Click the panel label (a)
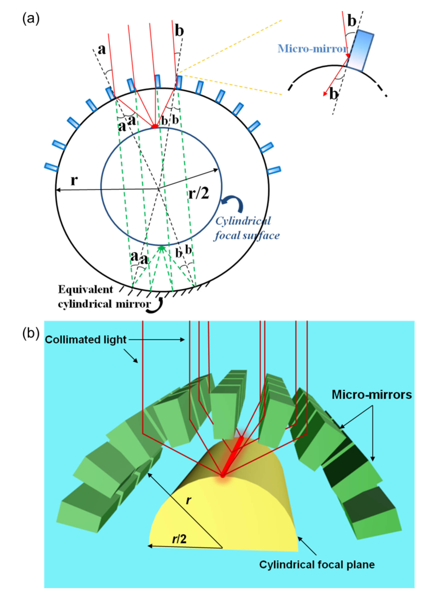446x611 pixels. (31, 19)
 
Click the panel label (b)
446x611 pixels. (31, 333)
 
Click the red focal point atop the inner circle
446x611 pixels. (155, 126)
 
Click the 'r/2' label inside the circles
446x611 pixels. (199, 194)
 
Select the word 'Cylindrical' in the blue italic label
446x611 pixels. (243, 221)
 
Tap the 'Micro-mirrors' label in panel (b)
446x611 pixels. (371, 395)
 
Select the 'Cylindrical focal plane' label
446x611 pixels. (317, 565)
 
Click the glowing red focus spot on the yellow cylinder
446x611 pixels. (223, 475)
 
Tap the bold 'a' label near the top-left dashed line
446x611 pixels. (102, 50)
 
